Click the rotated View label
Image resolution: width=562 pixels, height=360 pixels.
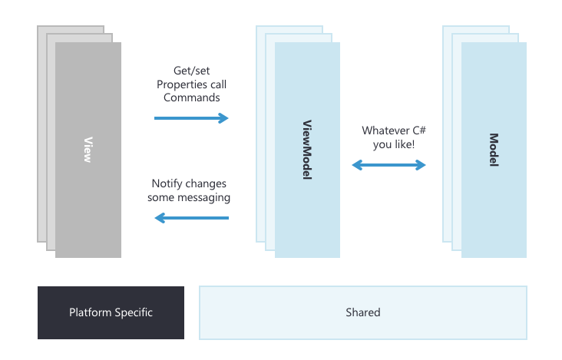coord(88,150)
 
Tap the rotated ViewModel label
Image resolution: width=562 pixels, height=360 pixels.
coord(307,150)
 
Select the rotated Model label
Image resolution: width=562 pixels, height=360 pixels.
coord(494,150)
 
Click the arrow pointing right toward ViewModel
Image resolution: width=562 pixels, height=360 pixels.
coord(191,118)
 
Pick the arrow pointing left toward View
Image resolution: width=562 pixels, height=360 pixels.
coord(191,218)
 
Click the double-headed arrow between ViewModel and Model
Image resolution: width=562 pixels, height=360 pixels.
coord(389,165)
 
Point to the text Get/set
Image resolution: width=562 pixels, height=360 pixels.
coord(192,71)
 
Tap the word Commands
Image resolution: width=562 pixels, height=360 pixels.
coord(192,97)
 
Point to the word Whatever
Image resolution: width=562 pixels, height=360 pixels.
coord(385,130)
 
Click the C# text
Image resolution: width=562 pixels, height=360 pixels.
coord(419,130)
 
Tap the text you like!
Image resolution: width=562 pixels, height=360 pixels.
coord(394,144)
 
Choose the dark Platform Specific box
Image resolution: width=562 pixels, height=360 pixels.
coord(111,312)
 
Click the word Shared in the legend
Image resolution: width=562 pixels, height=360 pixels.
coord(363,312)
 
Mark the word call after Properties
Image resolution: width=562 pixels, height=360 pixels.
coord(218,84)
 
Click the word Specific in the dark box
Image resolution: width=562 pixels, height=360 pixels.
coord(134,312)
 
